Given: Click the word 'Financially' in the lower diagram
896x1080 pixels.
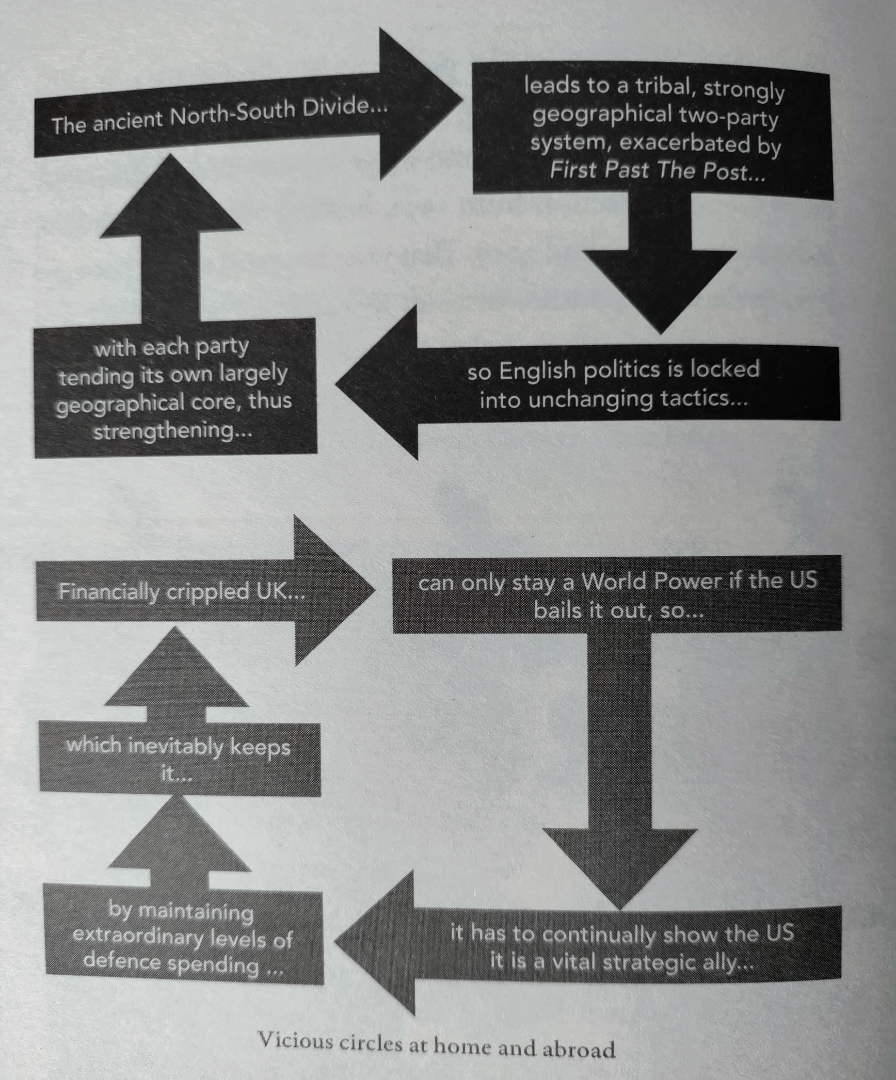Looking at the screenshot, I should (108, 591).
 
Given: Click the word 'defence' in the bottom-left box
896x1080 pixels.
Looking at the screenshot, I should (121, 961).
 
